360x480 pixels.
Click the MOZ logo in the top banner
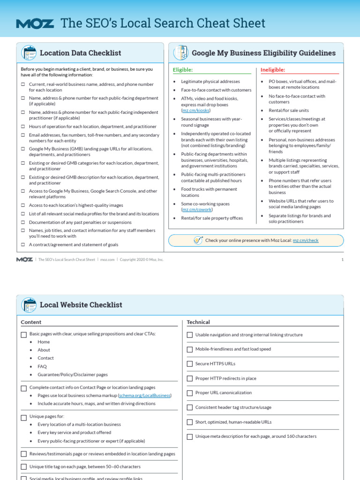coord(35,23)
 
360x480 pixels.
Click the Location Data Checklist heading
coord(80,53)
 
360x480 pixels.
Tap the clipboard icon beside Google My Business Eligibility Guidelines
coord(180,53)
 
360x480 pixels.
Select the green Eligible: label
coord(183,70)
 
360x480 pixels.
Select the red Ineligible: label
coord(273,70)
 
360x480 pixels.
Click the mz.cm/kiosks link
coord(196,111)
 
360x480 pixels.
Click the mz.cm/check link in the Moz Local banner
coord(305,240)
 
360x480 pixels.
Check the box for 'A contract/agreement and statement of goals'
coord(23,245)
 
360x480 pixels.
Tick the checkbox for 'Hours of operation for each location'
coord(23,127)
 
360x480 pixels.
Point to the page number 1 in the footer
coord(342,259)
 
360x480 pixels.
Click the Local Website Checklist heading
coord(81,305)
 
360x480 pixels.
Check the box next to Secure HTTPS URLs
coord(190,364)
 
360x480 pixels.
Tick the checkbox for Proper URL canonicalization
coord(190,393)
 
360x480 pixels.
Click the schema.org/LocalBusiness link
coord(145,396)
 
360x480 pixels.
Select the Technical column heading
coord(198,322)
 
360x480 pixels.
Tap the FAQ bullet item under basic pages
coord(42,367)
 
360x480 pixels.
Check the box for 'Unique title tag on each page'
coord(24,467)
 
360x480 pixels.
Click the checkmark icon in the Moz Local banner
coord(198,240)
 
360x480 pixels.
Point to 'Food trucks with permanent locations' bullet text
coord(209,192)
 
